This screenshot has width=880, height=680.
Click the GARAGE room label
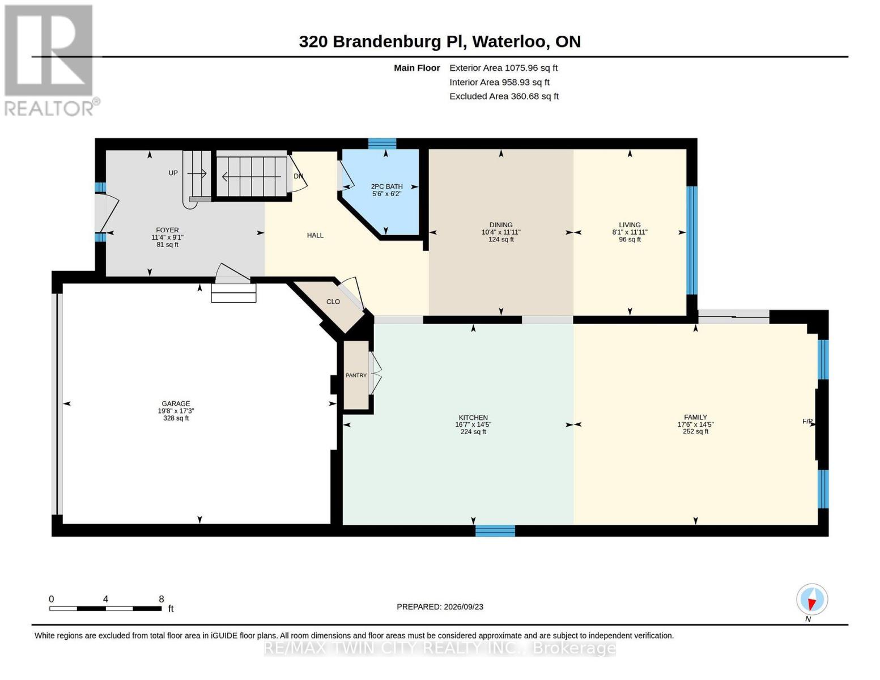pyautogui.click(x=176, y=403)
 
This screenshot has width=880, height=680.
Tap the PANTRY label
pyautogui.click(x=356, y=376)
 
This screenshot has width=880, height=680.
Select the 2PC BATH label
pyautogui.click(x=387, y=186)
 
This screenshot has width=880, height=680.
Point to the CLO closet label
pyautogui.click(x=333, y=301)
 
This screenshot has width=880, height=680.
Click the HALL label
pyautogui.click(x=315, y=235)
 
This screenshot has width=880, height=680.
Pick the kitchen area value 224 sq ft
pyautogui.click(x=473, y=432)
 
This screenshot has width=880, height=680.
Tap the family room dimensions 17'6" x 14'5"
pyautogui.click(x=695, y=424)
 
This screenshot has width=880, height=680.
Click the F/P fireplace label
pyautogui.click(x=807, y=421)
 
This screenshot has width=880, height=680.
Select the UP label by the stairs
pyautogui.click(x=173, y=173)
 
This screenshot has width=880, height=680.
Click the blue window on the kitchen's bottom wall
pyautogui.click(x=495, y=530)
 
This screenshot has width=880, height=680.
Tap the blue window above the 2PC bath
pyautogui.click(x=382, y=144)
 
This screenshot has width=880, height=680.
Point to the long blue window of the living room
pyautogui.click(x=692, y=240)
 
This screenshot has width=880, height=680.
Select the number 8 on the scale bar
pyautogui.click(x=161, y=599)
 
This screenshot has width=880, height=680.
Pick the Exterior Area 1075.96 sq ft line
pyautogui.click(x=503, y=68)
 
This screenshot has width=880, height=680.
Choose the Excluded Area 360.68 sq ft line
pyautogui.click(x=504, y=96)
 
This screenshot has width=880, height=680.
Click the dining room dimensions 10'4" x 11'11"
pyautogui.click(x=501, y=232)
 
